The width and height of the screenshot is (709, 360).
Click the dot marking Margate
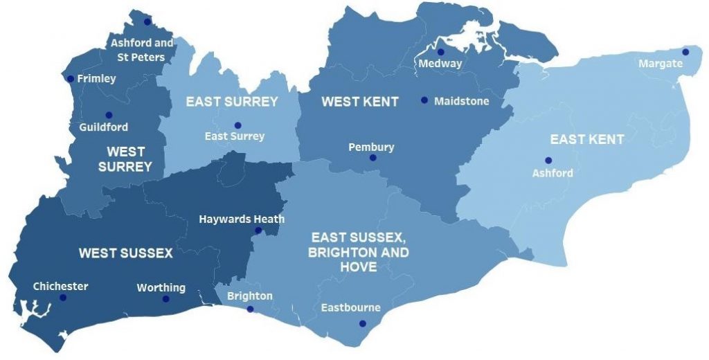(x=685, y=52)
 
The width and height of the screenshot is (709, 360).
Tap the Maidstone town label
(x=461, y=101)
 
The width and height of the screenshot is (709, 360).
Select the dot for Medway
(x=440, y=52)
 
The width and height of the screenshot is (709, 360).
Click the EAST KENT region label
(x=586, y=140)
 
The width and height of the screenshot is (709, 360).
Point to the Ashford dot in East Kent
(x=548, y=161)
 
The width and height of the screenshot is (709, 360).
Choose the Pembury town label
(x=371, y=147)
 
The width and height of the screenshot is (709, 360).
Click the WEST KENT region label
(x=359, y=102)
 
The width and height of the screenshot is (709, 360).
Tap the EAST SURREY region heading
(x=231, y=102)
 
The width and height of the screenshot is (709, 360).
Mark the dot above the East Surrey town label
(x=237, y=125)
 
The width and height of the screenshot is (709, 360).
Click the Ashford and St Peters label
(x=142, y=50)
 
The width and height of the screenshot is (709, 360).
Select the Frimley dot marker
(x=71, y=79)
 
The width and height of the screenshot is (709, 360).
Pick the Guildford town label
(x=104, y=127)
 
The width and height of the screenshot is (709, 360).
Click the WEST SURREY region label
(x=125, y=159)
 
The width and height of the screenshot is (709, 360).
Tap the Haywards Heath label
(x=242, y=219)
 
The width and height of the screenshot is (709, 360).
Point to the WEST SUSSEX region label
(x=125, y=253)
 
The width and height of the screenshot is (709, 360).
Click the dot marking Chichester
(x=62, y=298)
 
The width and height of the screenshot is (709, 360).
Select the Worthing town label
(x=161, y=287)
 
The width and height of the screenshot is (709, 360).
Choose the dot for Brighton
(x=250, y=309)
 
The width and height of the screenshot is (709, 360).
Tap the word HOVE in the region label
(x=358, y=267)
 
